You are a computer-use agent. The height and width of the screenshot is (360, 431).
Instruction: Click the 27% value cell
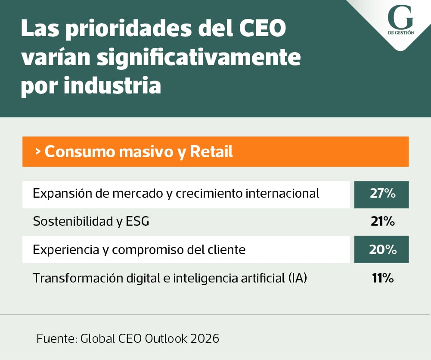(381, 194)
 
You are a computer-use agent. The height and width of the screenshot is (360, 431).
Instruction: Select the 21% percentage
(382, 222)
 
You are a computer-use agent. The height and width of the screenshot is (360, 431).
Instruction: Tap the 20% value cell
(381, 249)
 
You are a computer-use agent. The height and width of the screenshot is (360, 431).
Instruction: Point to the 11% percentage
(382, 278)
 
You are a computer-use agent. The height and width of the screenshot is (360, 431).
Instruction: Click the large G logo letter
(401, 19)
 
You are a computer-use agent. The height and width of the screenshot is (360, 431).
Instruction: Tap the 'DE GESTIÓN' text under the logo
(401, 33)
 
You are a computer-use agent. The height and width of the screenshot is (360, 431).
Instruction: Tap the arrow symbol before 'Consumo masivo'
(38, 152)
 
